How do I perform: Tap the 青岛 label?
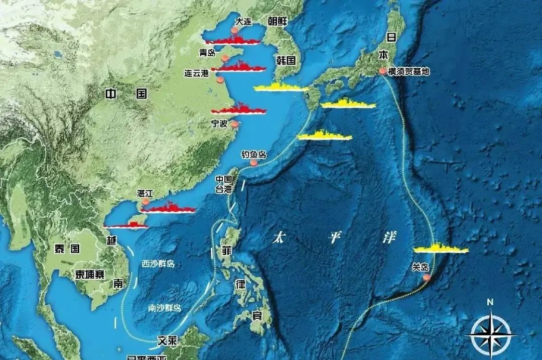click(x=207, y=52)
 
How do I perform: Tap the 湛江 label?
click(x=145, y=193)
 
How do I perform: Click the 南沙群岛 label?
click(x=165, y=308)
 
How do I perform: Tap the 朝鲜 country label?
click(x=277, y=21)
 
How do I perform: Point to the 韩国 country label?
click(x=286, y=60)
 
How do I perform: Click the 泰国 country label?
click(x=67, y=248)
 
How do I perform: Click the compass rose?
click(x=490, y=333)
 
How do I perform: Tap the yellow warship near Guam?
click(x=441, y=249)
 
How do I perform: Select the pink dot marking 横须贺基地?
click(x=383, y=72)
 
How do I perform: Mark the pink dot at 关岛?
click(x=427, y=277)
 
